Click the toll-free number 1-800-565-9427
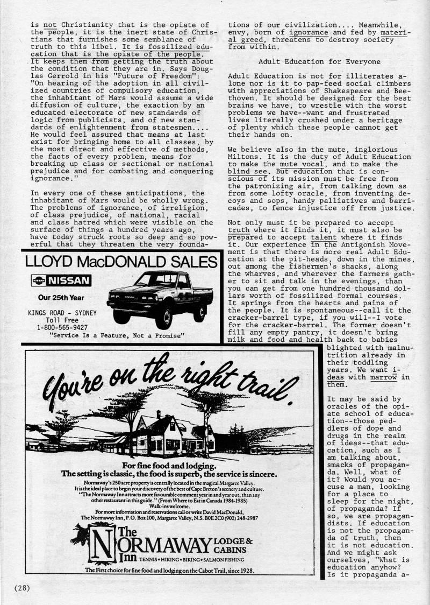click(x=62, y=327)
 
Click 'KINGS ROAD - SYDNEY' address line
click(x=62, y=312)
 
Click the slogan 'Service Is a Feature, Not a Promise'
click(x=116, y=335)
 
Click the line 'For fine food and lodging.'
click(x=169, y=466)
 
